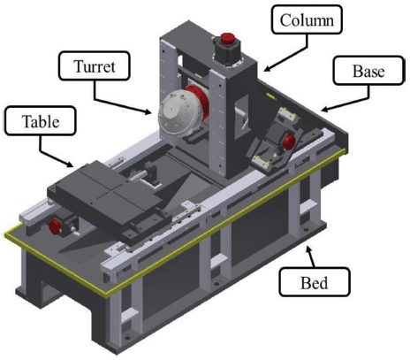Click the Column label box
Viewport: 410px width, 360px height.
click(x=307, y=19)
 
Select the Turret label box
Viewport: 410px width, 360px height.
click(x=95, y=65)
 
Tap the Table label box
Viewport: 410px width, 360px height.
click(x=41, y=121)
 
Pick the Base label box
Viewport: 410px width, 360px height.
click(x=368, y=71)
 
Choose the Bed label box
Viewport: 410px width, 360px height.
click(x=315, y=282)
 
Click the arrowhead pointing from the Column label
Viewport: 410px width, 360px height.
click(x=267, y=69)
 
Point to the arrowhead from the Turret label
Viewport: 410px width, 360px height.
click(x=148, y=111)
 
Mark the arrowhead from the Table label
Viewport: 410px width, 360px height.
click(x=70, y=164)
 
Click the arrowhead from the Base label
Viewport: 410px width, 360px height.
click(x=324, y=109)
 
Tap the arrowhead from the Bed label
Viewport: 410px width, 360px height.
click(x=309, y=249)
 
